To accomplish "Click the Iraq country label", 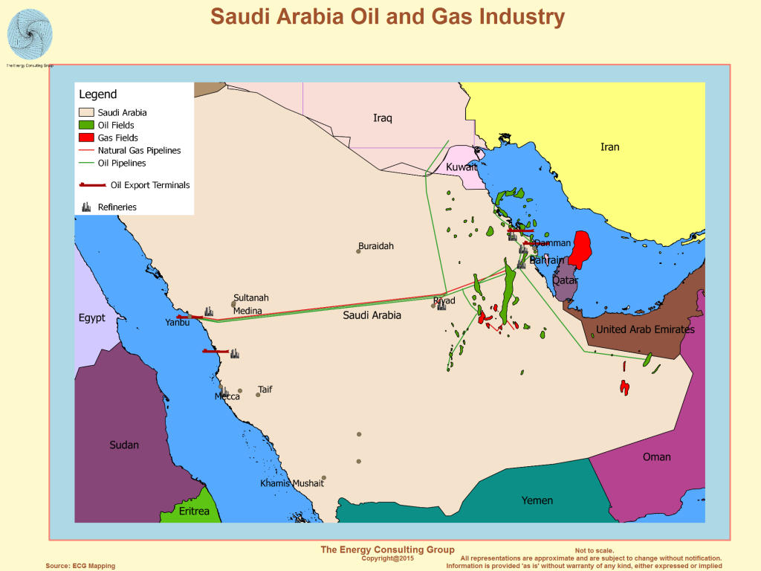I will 383,118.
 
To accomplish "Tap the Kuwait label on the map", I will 461,167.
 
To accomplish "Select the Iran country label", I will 609,147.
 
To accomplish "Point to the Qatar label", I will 565,280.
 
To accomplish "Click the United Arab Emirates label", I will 645,329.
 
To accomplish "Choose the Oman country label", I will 656,457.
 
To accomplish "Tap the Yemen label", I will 537,500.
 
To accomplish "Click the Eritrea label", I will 194,511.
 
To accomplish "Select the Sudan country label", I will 124,445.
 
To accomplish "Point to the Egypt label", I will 92,318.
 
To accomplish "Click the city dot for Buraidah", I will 358,251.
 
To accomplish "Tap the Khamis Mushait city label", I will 292,483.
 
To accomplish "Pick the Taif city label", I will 265,389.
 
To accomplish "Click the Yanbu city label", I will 178,323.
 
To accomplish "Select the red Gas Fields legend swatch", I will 86,138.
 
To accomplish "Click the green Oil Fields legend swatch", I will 86,125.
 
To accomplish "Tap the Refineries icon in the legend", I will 86,206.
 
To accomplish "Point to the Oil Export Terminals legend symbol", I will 93,185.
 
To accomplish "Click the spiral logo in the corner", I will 30,34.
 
